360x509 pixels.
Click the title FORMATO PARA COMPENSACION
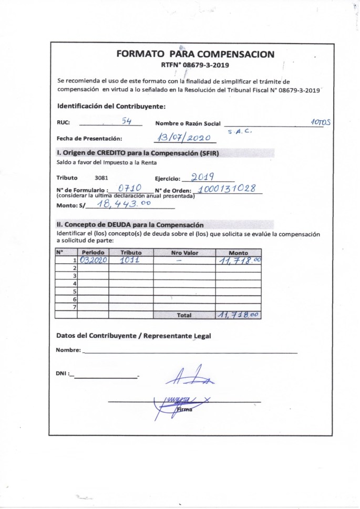[195, 54]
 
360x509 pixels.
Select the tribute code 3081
[101, 178]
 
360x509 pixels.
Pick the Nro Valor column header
[184, 253]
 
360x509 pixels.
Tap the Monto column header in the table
[238, 253]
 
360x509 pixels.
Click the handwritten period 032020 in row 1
[93, 260]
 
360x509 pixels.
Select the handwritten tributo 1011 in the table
[129, 260]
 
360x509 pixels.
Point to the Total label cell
[184, 315]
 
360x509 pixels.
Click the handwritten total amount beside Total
[238, 315]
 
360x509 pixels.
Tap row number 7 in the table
[75, 306]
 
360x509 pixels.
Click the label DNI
[61, 373]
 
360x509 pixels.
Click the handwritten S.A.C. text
[240, 132]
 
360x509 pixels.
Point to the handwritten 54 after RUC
[127, 120]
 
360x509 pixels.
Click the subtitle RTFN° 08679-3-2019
[195, 65]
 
